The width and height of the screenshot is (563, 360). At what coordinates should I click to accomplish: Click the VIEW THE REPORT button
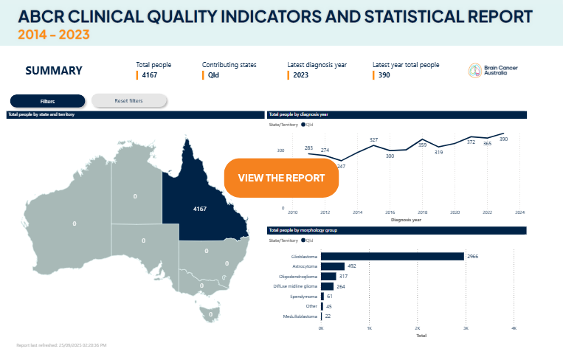pyautogui.click(x=281, y=178)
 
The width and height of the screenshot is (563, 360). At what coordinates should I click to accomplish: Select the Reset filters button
pyautogui.click(x=129, y=100)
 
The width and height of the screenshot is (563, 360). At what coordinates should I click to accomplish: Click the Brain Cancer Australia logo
pyautogui.click(x=488, y=71)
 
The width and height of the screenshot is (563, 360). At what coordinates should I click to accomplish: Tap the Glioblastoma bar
pyautogui.click(x=393, y=256)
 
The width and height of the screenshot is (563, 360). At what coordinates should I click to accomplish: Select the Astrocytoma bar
pyautogui.click(x=334, y=266)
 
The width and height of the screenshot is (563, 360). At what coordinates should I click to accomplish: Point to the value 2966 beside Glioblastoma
pyautogui.click(x=474, y=256)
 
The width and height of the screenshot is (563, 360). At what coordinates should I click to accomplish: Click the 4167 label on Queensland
pyautogui.click(x=200, y=209)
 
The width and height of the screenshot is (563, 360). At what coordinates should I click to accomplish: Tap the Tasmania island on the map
pyautogui.click(x=210, y=314)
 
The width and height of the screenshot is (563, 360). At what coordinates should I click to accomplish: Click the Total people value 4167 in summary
pyautogui.click(x=150, y=75)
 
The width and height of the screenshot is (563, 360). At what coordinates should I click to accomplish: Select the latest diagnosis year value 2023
pyautogui.click(x=301, y=75)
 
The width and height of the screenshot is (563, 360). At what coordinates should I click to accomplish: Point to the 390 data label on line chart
pyautogui.click(x=503, y=139)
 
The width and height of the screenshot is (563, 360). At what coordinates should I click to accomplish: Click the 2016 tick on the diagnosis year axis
pyautogui.click(x=390, y=212)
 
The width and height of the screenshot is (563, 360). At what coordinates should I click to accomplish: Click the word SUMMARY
pyautogui.click(x=54, y=71)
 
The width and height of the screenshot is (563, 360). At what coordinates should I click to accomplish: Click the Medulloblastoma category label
pyautogui.click(x=300, y=316)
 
